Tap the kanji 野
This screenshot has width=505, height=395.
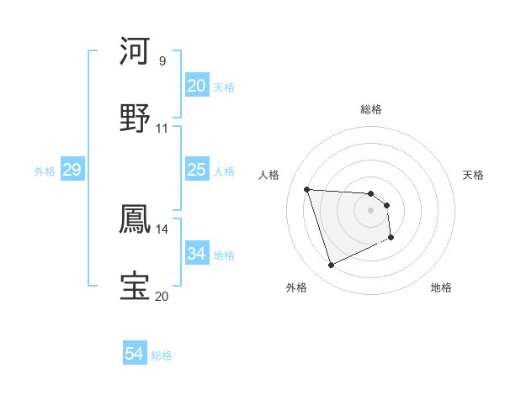136,118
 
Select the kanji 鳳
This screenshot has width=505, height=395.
136,218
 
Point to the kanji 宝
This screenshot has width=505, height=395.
136,286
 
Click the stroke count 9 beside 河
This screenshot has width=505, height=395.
162,61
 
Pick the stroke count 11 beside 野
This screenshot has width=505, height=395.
162,129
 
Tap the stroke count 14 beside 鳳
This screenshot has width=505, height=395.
162,228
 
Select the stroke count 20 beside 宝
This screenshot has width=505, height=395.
162,296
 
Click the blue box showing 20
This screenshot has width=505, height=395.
197,86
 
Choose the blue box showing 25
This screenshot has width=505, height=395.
197,171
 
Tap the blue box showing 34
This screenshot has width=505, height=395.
197,254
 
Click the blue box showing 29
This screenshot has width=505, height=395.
72,171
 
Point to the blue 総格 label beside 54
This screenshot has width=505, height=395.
162,355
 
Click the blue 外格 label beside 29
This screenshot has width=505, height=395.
45,171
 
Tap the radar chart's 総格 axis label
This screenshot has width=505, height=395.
370,109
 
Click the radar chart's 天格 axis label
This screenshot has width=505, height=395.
474,175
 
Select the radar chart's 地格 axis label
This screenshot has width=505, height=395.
441,287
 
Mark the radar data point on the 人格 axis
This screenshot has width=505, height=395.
307,189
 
